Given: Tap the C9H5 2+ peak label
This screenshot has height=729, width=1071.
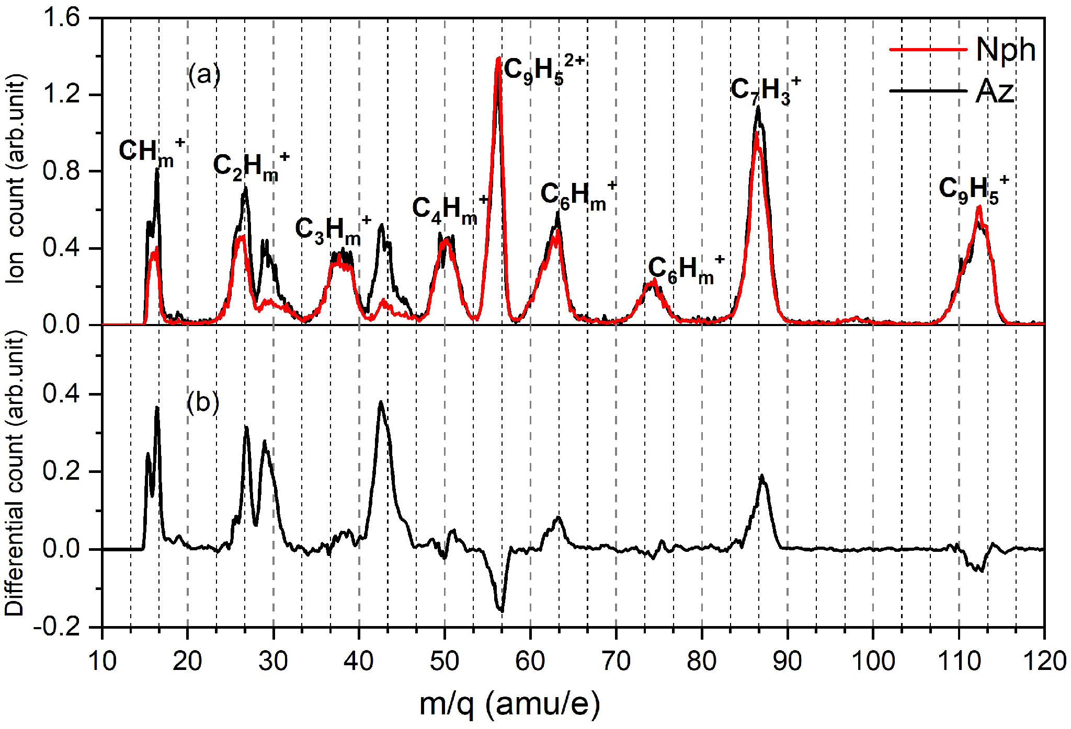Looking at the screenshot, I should pyautogui.click(x=543, y=70).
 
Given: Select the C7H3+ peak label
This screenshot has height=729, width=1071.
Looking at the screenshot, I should pyautogui.click(x=765, y=90).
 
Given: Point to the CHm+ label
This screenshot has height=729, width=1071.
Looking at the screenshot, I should pyautogui.click(x=151, y=152).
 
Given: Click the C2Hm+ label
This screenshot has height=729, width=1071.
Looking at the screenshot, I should pyautogui.click(x=250, y=166).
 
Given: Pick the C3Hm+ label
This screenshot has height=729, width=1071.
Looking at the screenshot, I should pyautogui.click(x=333, y=230).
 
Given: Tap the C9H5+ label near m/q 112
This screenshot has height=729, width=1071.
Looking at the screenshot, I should pyautogui.click(x=973, y=189).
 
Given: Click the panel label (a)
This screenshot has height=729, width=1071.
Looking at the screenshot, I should pyautogui.click(x=204, y=74).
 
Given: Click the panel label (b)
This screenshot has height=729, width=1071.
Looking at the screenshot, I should pyautogui.click(x=203, y=402).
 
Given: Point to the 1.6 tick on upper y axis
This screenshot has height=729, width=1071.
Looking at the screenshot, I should pyautogui.click(x=61, y=18).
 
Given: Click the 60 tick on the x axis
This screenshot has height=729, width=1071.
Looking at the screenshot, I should pyautogui.click(x=530, y=661).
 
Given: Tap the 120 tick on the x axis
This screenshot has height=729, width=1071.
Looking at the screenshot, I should pyautogui.click(x=1044, y=661).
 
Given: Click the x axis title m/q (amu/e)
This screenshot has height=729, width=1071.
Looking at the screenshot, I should pyautogui.click(x=509, y=704).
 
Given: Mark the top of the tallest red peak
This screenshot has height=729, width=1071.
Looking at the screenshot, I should pyautogui.click(x=498, y=59).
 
